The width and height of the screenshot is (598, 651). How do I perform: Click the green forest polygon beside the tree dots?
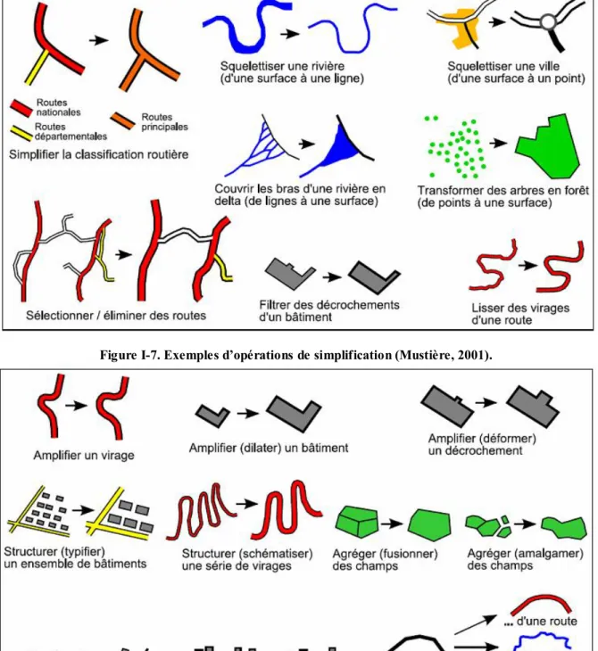549,146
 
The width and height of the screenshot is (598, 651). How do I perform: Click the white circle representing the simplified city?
548,22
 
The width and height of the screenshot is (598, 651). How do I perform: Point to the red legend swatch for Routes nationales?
21,108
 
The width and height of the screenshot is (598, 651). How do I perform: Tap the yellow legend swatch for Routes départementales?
21,133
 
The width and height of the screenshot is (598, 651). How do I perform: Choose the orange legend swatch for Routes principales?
123,120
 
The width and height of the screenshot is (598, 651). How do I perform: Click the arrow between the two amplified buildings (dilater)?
248,414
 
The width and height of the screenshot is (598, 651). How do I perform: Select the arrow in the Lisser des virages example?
527,265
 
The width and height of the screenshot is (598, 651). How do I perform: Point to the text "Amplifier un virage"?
84,455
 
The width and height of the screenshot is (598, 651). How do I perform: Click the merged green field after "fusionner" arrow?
429,524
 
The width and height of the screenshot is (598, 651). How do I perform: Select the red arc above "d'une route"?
541,603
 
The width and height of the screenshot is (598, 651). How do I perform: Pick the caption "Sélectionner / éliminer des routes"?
116,316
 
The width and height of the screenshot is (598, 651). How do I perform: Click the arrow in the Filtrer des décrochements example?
332,276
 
